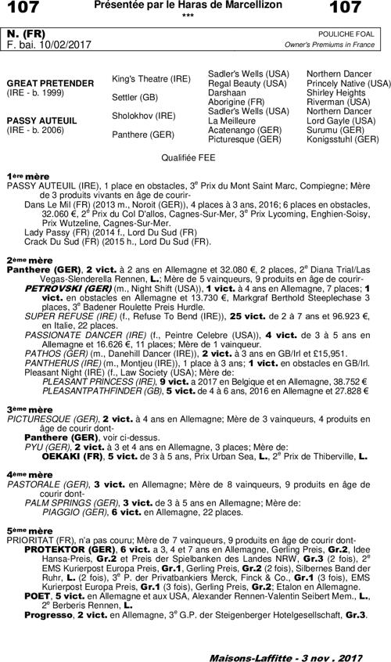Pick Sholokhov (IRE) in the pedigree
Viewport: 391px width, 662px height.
[x=144, y=115]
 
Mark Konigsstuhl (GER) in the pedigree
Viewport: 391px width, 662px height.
[x=342, y=139]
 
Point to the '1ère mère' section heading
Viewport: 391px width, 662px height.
[x=28, y=177]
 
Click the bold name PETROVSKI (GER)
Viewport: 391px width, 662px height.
[x=63, y=288]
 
